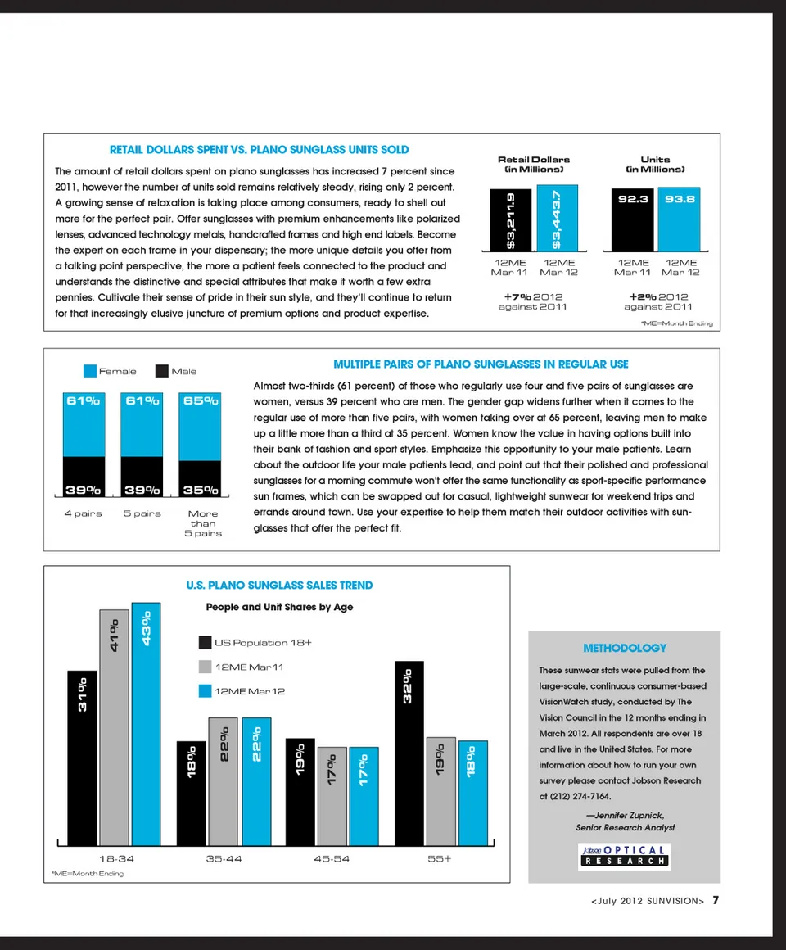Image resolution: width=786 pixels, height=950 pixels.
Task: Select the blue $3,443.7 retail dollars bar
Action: click(558, 219)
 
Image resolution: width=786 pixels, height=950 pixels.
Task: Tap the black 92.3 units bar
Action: click(633, 219)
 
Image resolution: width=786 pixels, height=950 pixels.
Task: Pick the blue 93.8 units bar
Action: click(680, 219)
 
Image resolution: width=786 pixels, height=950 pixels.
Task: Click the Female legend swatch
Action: click(90, 371)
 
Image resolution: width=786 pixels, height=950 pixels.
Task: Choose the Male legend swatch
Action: click(162, 371)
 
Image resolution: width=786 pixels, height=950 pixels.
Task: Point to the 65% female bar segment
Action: click(201, 426)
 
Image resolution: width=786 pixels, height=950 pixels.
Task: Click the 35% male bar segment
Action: click(201, 478)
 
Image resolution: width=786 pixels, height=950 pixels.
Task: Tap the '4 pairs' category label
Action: click(83, 513)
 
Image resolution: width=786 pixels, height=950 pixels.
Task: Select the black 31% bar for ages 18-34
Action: click(82, 758)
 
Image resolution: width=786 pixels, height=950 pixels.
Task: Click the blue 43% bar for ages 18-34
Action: click(146, 724)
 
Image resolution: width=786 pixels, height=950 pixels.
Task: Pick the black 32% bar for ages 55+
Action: click(409, 753)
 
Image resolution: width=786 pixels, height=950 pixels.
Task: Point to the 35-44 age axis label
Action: click(224, 859)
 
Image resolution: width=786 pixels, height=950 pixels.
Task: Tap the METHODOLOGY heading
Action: click(624, 648)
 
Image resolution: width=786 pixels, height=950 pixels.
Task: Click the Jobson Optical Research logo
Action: click(624, 855)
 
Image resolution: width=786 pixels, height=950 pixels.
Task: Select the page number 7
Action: click(715, 900)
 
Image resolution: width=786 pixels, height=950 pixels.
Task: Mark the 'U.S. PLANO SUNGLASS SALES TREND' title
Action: click(279, 585)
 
